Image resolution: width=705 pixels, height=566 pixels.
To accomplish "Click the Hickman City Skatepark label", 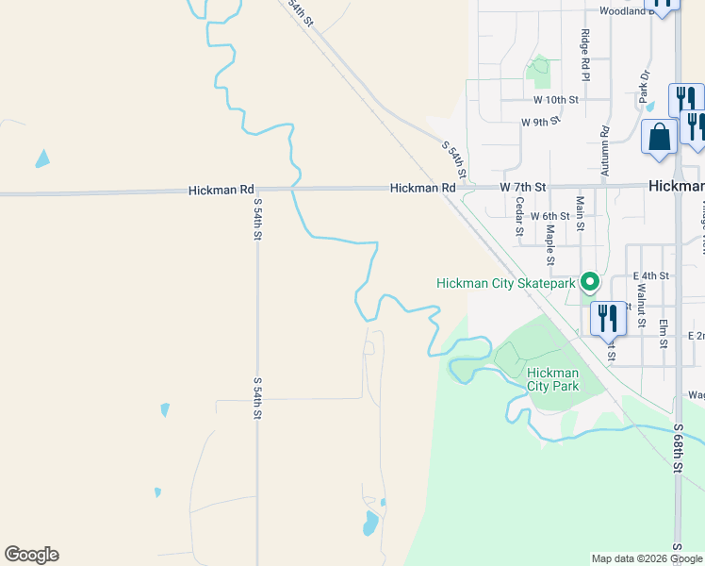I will point(505,283).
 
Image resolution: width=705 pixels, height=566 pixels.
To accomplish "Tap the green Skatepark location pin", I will point(590,281).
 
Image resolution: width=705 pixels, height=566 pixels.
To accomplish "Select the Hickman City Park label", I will point(552,379).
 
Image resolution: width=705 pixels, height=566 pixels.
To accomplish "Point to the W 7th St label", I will point(523,188).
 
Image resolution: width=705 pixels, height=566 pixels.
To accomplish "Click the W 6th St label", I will point(550,216).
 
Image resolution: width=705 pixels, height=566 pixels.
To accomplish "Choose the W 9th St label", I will point(541,122).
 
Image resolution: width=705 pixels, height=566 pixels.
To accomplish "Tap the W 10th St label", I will point(554,99).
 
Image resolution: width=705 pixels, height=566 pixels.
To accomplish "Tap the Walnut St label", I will point(641,309).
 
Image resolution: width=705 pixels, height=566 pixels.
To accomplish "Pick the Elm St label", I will point(664,331).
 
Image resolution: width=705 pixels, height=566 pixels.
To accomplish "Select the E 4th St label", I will point(651,275).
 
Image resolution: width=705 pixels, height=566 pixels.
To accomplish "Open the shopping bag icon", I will point(659,136).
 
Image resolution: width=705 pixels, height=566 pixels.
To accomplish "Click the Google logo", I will point(31,555).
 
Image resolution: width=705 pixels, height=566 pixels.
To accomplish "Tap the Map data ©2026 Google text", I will point(647,558).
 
